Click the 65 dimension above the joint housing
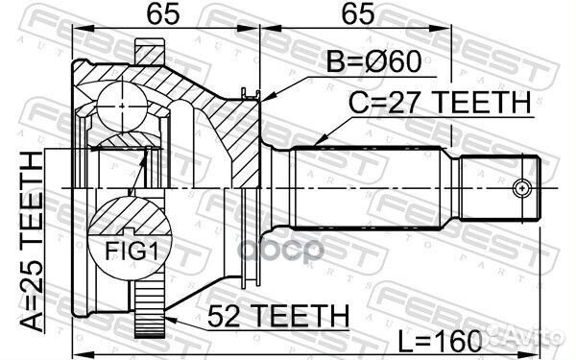pyautogui.click(x=161, y=15)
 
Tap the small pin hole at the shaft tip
pyautogui.click(x=523, y=185)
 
